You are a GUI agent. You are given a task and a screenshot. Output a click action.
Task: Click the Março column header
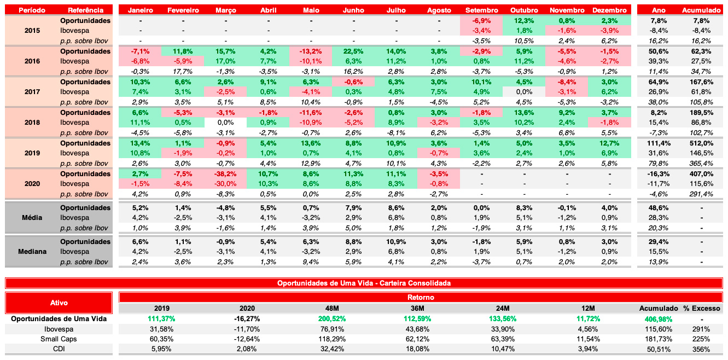click(x=226, y=10)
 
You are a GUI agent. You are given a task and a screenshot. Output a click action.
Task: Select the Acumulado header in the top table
click(x=701, y=10)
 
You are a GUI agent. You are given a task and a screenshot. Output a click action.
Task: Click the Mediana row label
click(x=32, y=252)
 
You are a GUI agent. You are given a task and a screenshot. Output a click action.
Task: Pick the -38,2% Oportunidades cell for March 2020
click(x=226, y=174)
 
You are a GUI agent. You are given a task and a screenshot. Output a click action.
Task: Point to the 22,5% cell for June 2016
click(x=353, y=51)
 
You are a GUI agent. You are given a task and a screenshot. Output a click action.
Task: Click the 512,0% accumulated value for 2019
click(x=701, y=143)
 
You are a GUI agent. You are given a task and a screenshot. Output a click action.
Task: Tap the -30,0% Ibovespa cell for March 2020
click(x=226, y=184)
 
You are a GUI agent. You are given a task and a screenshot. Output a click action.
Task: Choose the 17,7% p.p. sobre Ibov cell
click(x=183, y=72)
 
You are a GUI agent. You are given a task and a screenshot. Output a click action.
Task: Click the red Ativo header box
click(x=59, y=303)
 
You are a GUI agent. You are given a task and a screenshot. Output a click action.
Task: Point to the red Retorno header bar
click(x=421, y=298)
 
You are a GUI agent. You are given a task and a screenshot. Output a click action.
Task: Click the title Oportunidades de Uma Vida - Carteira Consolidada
click(x=364, y=283)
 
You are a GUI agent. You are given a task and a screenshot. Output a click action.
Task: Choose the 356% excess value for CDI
click(x=701, y=349)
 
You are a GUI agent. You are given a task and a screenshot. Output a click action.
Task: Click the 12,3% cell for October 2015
click(x=524, y=21)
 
